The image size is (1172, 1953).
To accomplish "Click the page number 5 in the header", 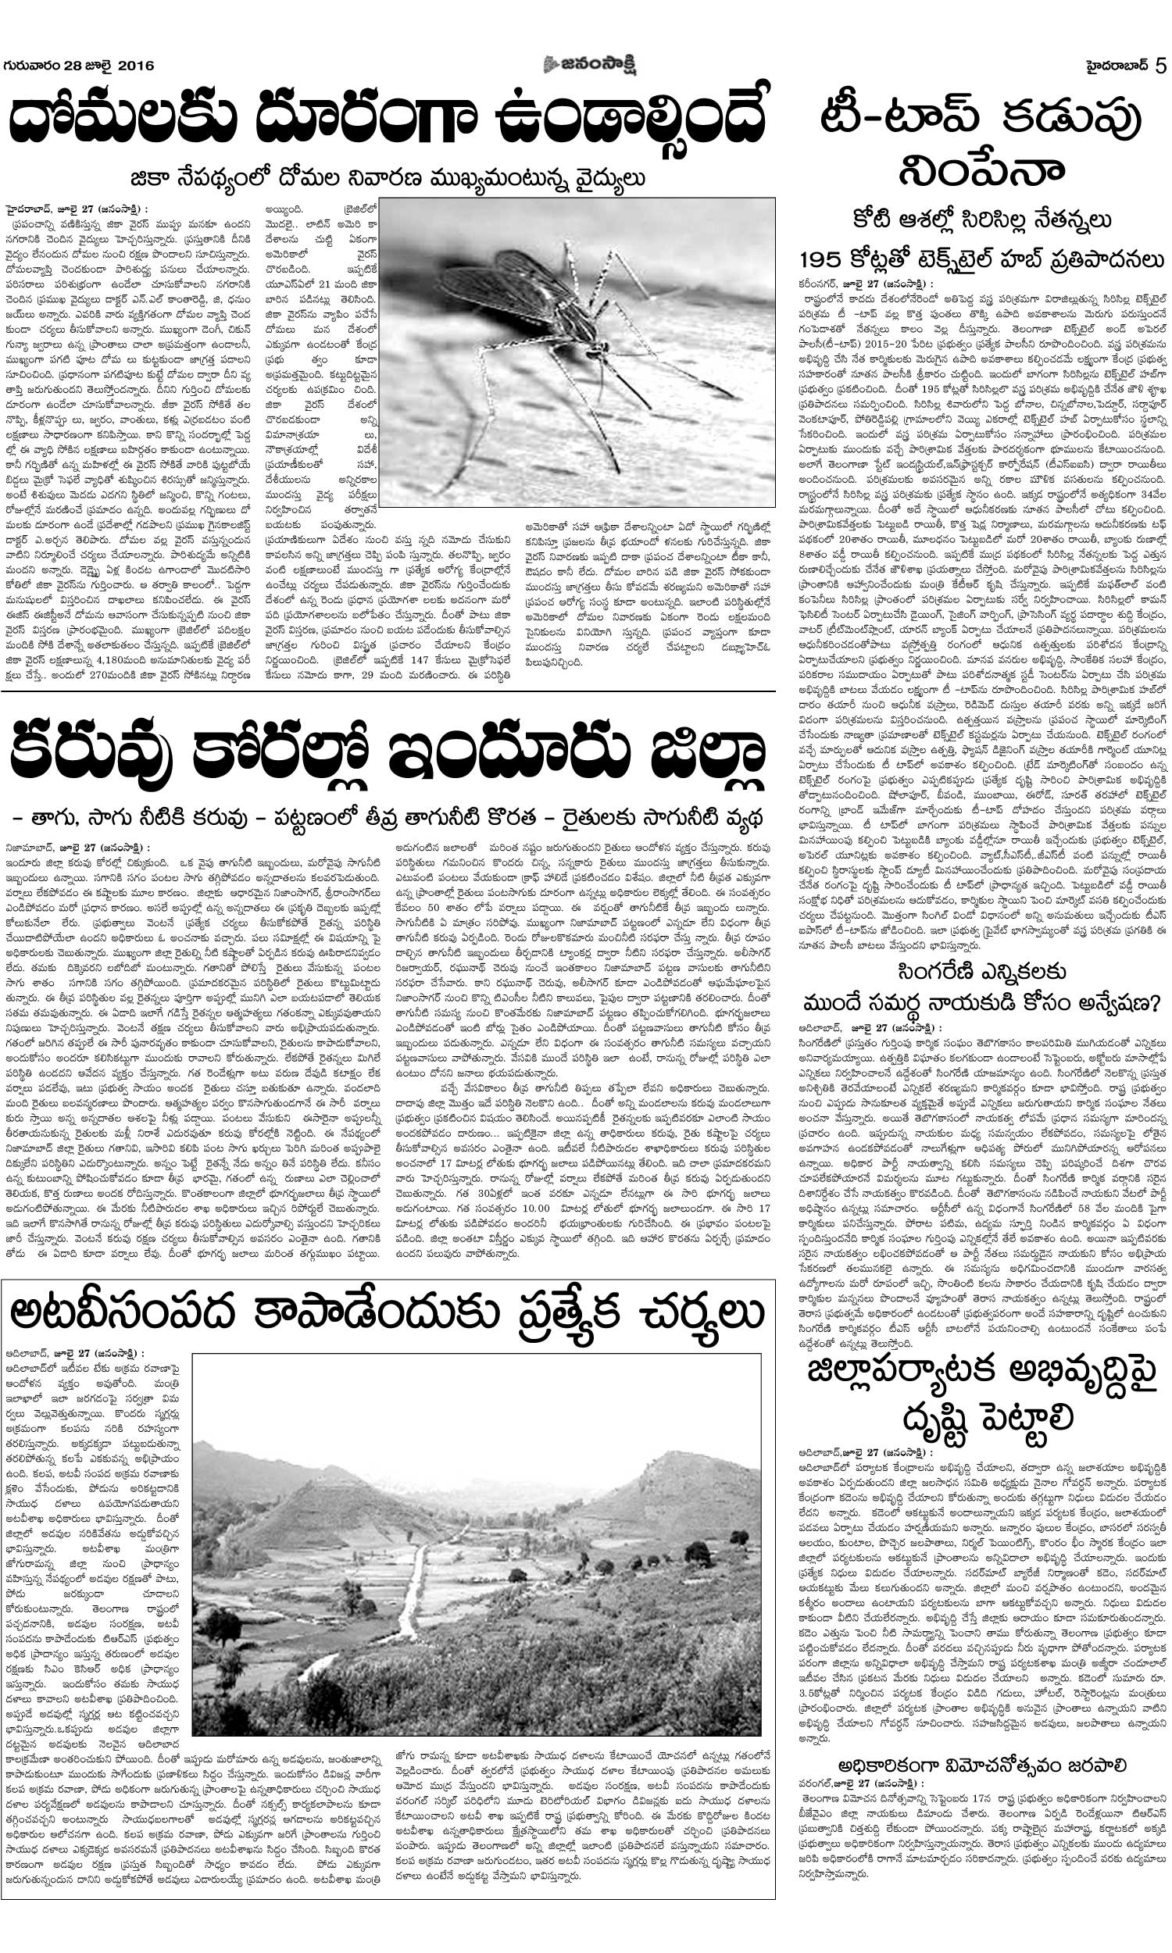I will [x=1160, y=66].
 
